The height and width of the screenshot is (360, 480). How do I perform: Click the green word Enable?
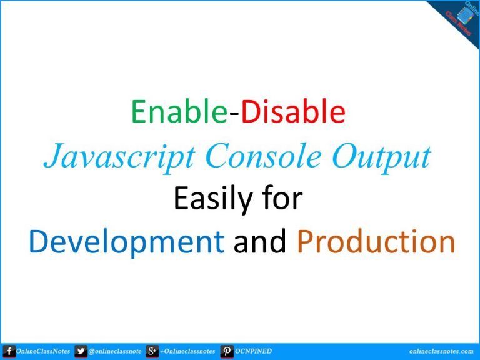click(179, 111)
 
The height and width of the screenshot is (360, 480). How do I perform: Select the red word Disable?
click(293, 111)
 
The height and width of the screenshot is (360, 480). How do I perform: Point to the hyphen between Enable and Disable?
click(234, 114)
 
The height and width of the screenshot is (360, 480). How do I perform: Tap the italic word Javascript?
click(120, 158)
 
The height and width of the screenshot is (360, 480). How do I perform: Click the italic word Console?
click(264, 156)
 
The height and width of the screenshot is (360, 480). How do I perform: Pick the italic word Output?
click(382, 158)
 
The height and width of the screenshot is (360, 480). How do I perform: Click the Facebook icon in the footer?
click(9, 351)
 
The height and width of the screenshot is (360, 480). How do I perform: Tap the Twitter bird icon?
click(81, 351)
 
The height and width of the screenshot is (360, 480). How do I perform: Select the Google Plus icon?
click(152, 351)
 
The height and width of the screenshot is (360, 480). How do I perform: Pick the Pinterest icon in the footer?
click(227, 351)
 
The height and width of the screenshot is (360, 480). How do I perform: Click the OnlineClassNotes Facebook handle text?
click(43, 351)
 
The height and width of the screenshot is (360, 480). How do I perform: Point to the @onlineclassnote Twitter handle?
click(115, 352)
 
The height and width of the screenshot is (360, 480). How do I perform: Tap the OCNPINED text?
click(253, 351)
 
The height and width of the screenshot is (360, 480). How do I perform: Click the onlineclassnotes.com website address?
click(441, 351)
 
